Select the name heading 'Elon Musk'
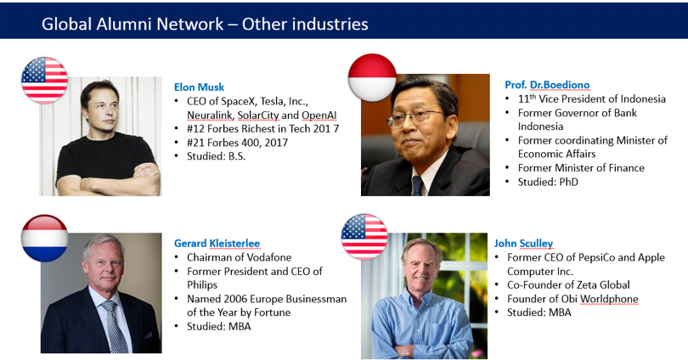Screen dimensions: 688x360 tap(200, 87)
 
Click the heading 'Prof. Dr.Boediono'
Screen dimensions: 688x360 tap(547, 85)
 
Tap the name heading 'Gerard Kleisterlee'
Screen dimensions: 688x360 tap(217, 244)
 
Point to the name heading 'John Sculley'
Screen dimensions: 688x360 tap(523, 244)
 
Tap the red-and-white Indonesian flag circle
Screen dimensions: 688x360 tap(372, 77)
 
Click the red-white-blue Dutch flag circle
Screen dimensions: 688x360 tap(45, 238)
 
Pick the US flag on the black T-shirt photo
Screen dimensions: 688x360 tap(45, 81)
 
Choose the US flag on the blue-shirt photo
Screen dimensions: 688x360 tap(364, 237)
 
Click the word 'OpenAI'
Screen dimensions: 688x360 tap(319, 115)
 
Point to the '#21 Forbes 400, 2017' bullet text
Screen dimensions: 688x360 tap(237, 143)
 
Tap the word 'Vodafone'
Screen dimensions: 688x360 tap(271, 257)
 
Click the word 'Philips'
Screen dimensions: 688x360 tap(202, 285)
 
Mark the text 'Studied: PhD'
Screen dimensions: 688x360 tap(548, 182)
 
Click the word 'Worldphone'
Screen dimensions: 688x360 tap(610, 299)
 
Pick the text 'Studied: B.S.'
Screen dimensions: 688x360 tap(217, 156)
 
